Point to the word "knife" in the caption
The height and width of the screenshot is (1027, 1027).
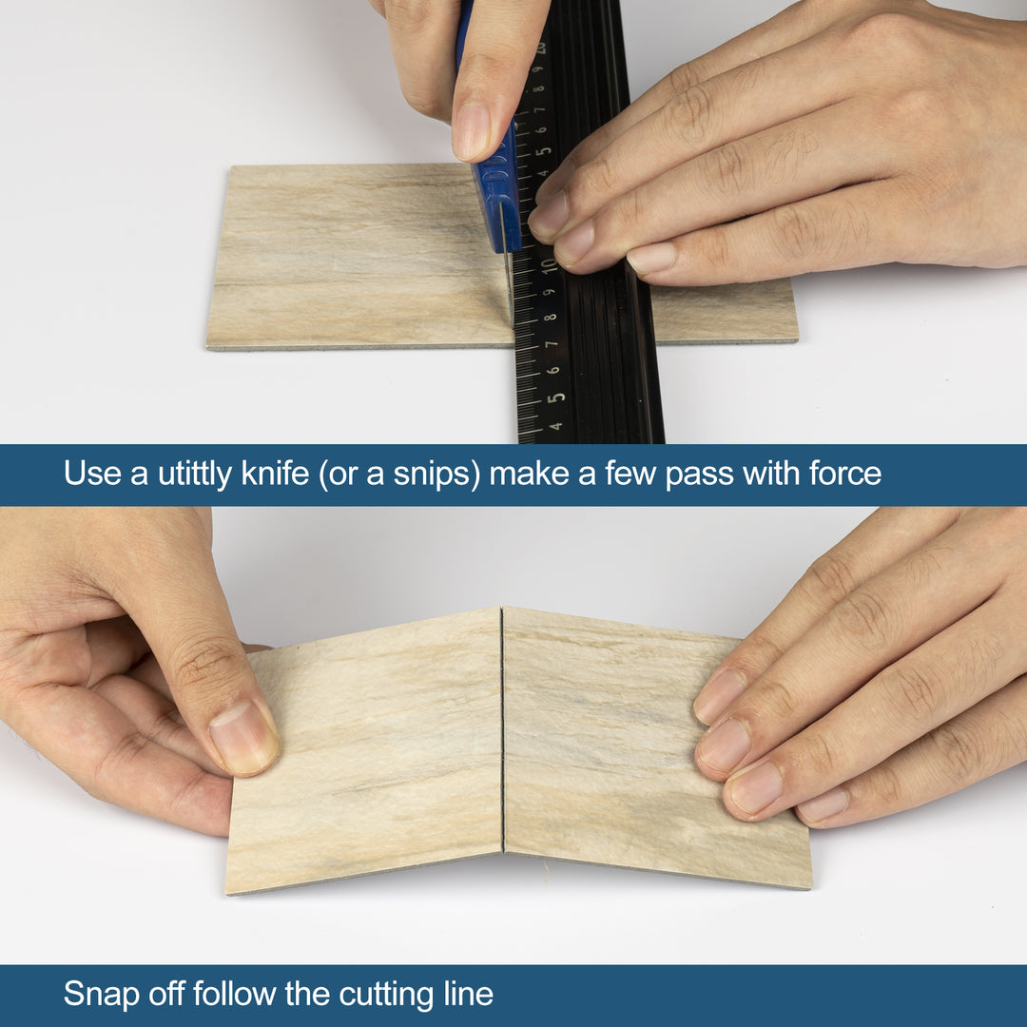(x=275, y=474)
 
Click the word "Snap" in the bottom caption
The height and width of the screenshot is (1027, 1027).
(x=102, y=995)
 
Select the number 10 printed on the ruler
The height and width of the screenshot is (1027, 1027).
(x=549, y=265)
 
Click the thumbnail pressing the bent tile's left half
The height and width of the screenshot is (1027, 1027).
(x=242, y=737)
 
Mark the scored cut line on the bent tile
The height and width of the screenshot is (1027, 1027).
(x=502, y=732)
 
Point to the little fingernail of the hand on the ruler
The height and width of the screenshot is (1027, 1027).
(x=651, y=258)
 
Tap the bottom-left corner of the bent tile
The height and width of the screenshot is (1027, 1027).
(x=228, y=891)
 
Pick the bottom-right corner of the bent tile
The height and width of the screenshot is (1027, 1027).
(x=809, y=885)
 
